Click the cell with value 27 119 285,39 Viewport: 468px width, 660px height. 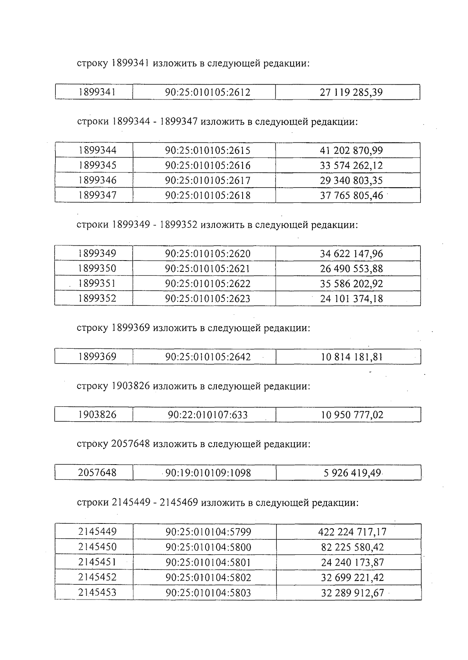click(x=351, y=92)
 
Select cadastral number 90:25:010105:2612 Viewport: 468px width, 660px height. click(x=207, y=92)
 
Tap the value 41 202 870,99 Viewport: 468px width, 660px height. click(x=351, y=150)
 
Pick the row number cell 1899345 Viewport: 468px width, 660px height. click(x=97, y=165)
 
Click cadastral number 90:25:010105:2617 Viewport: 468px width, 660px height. click(x=207, y=180)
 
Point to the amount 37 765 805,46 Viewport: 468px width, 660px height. click(x=351, y=195)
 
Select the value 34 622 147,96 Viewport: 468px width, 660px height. click(x=351, y=254)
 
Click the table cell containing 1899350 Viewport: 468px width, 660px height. click(x=97, y=268)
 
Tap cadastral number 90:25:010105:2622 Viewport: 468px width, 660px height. click(x=207, y=284)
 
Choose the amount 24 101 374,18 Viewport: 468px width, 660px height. click(x=351, y=299)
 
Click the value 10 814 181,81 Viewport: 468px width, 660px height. click(x=351, y=357)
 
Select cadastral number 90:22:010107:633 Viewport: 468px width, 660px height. click(x=207, y=415)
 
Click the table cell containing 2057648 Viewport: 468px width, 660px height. click(x=97, y=473)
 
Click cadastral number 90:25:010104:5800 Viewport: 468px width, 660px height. click(x=208, y=547)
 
